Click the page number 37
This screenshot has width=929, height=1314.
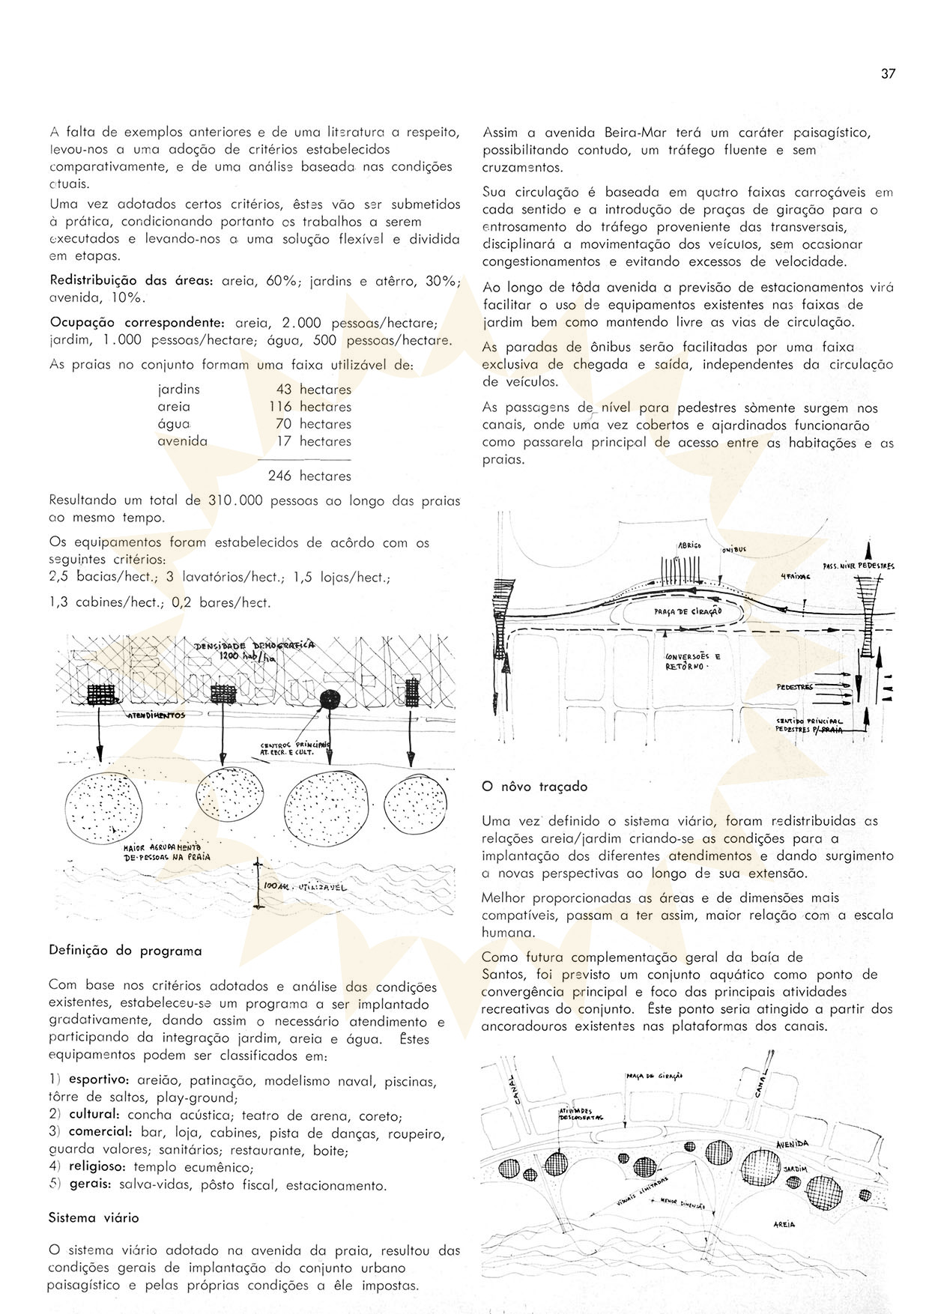coord(888,73)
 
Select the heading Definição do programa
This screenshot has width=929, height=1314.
coord(125,951)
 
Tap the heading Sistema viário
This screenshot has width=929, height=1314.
coord(94,1217)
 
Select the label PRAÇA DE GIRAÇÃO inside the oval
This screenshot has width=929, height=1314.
coord(687,611)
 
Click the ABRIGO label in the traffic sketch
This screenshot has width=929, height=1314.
coord(689,546)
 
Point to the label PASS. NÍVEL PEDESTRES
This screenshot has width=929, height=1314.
coord(858,566)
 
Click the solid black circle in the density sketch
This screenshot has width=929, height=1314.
coord(329,699)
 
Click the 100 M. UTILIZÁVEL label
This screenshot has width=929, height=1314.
coord(304,887)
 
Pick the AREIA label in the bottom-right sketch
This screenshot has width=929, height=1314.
coord(784,1224)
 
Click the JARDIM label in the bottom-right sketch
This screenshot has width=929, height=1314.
coord(795,1169)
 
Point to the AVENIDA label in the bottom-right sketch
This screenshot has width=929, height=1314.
coord(792,1145)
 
